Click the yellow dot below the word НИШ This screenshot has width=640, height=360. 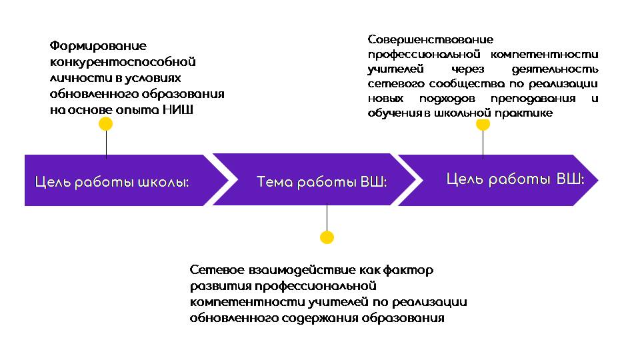pyautogui.click(x=106, y=124)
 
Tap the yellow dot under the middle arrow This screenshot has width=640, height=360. pyautogui.click(x=327, y=237)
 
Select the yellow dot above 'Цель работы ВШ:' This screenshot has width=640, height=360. pyautogui.click(x=483, y=125)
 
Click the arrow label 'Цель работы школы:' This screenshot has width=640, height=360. pyautogui.click(x=112, y=182)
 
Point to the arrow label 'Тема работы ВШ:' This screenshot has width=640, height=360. pyautogui.click(x=321, y=182)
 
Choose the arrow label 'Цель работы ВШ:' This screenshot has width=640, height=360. pyautogui.click(x=515, y=179)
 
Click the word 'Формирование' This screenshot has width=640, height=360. pyautogui.click(x=98, y=46)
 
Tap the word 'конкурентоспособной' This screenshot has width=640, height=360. pyautogui.click(x=123, y=62)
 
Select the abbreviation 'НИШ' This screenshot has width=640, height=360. pyautogui.click(x=178, y=110)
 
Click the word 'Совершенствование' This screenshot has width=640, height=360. pyautogui.click(x=431, y=39)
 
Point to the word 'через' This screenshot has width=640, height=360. pyautogui.click(x=468, y=69)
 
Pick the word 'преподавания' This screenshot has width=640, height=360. pyautogui.click(x=533, y=99)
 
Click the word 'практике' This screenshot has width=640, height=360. pyautogui.click(x=524, y=113)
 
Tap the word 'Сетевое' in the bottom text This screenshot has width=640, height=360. pyautogui.click(x=216, y=270)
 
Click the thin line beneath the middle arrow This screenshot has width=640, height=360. pyautogui.click(x=327, y=218)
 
